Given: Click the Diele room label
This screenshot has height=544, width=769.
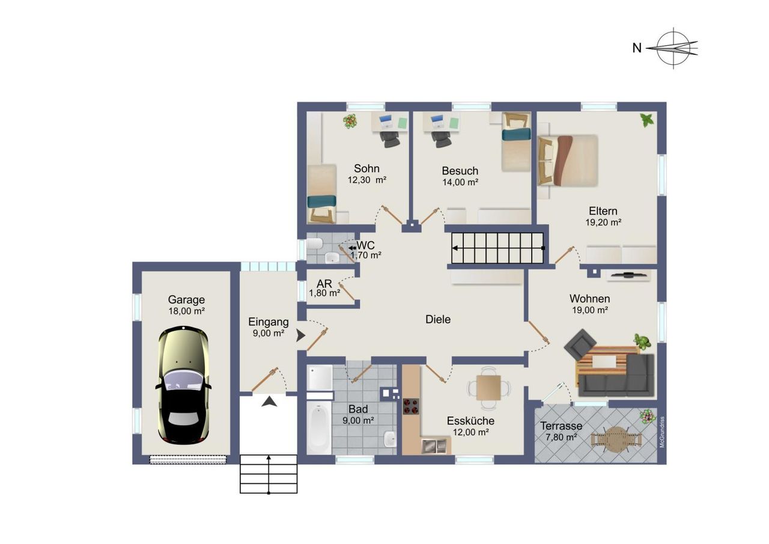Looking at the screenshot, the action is coord(438,319).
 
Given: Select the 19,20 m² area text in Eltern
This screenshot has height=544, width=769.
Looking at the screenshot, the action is coord(603,222).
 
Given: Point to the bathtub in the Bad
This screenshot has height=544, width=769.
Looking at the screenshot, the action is coord(319,428).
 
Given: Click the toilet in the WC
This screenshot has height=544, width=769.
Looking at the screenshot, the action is coord(314,244).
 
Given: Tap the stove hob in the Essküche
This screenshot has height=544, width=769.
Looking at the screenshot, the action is coord(411,406).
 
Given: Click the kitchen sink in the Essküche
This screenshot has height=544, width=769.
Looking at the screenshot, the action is coord(434,446).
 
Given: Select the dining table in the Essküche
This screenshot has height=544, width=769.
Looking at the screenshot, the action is coord(488,388).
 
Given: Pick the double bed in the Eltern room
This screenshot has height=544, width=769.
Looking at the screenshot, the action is coord(568,160).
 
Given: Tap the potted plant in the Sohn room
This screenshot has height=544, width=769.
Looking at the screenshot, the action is coord(350,121).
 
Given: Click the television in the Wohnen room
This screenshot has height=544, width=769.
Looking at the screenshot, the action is coord(628,275).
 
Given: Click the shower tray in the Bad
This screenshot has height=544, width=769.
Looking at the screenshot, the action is coord(320,377).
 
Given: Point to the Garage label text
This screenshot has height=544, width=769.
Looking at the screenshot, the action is coord(186,300).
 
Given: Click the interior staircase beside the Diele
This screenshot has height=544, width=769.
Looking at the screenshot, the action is coord(497,248).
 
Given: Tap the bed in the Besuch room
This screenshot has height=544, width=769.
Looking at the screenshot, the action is coord(516,142).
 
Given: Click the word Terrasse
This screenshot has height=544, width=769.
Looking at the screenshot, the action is coord(561,426).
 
